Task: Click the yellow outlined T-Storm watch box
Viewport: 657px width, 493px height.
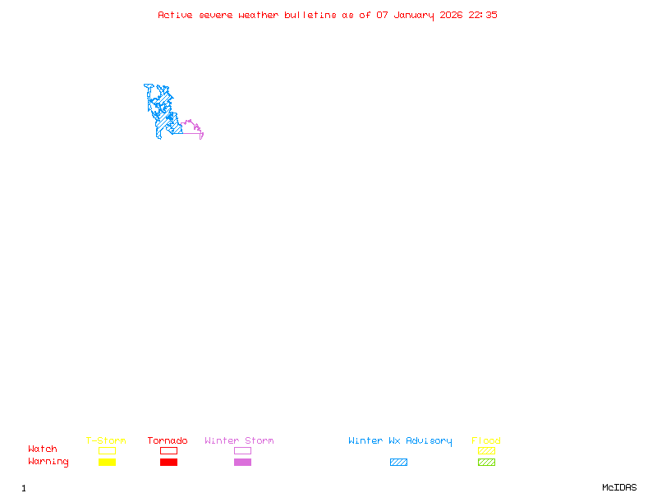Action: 107,450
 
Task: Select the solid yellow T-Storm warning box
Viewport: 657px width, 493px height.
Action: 107,463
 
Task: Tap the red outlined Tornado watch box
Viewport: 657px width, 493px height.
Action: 168,450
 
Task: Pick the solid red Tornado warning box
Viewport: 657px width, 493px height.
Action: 168,463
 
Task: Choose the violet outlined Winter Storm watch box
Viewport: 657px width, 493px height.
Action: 242,450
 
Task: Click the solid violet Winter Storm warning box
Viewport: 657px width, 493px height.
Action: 242,463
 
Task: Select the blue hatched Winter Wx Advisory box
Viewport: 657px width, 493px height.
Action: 398,463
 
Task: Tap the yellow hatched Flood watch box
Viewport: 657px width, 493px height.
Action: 486,450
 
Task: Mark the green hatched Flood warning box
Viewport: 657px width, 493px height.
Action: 486,463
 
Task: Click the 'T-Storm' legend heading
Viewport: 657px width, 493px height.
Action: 106,440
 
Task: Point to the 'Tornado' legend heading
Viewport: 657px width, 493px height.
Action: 168,440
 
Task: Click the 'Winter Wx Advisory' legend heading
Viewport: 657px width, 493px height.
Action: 400,440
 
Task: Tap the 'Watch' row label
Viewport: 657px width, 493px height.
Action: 43,449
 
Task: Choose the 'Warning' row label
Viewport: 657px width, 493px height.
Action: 48,462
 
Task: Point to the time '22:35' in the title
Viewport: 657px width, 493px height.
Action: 483,15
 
